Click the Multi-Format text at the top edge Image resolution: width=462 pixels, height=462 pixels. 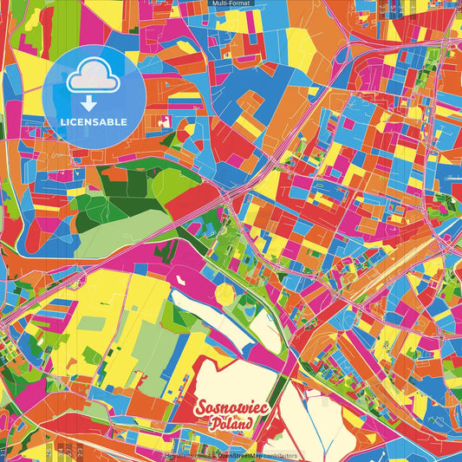pyautogui.click(x=230, y=3)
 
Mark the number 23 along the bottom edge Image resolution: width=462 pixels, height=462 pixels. pyautogui.click(x=80, y=451)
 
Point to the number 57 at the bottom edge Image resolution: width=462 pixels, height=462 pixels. pyautogui.click(x=69, y=451)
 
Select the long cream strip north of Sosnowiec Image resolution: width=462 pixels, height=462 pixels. pyautogui.click(x=221, y=318)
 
